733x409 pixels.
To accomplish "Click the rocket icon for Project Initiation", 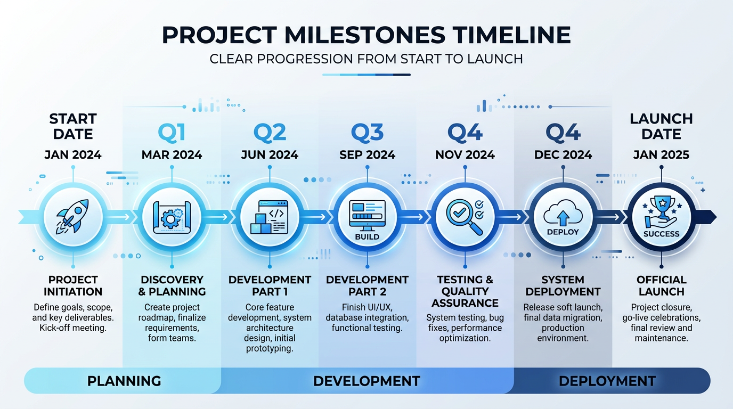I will [x=73, y=217].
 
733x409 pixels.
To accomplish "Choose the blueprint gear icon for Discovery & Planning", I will [x=172, y=217].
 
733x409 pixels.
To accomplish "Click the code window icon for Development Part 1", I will [x=270, y=217].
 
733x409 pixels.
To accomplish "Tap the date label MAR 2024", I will [x=172, y=155].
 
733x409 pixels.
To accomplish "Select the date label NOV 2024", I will [x=465, y=155].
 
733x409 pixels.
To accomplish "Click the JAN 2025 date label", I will [x=661, y=155].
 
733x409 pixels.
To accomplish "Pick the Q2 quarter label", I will [x=270, y=133].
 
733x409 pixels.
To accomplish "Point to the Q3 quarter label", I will [x=367, y=133].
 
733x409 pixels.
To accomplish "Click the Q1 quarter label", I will [x=172, y=133].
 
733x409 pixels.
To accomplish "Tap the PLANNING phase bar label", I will [x=124, y=381].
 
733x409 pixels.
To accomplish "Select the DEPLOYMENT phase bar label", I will [x=607, y=381].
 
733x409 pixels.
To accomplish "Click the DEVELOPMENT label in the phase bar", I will [x=366, y=381].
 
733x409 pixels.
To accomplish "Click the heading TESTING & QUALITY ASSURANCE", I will [x=465, y=291].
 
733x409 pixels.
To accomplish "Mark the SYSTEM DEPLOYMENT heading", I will [x=563, y=285].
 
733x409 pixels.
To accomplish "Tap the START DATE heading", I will [x=73, y=126].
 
